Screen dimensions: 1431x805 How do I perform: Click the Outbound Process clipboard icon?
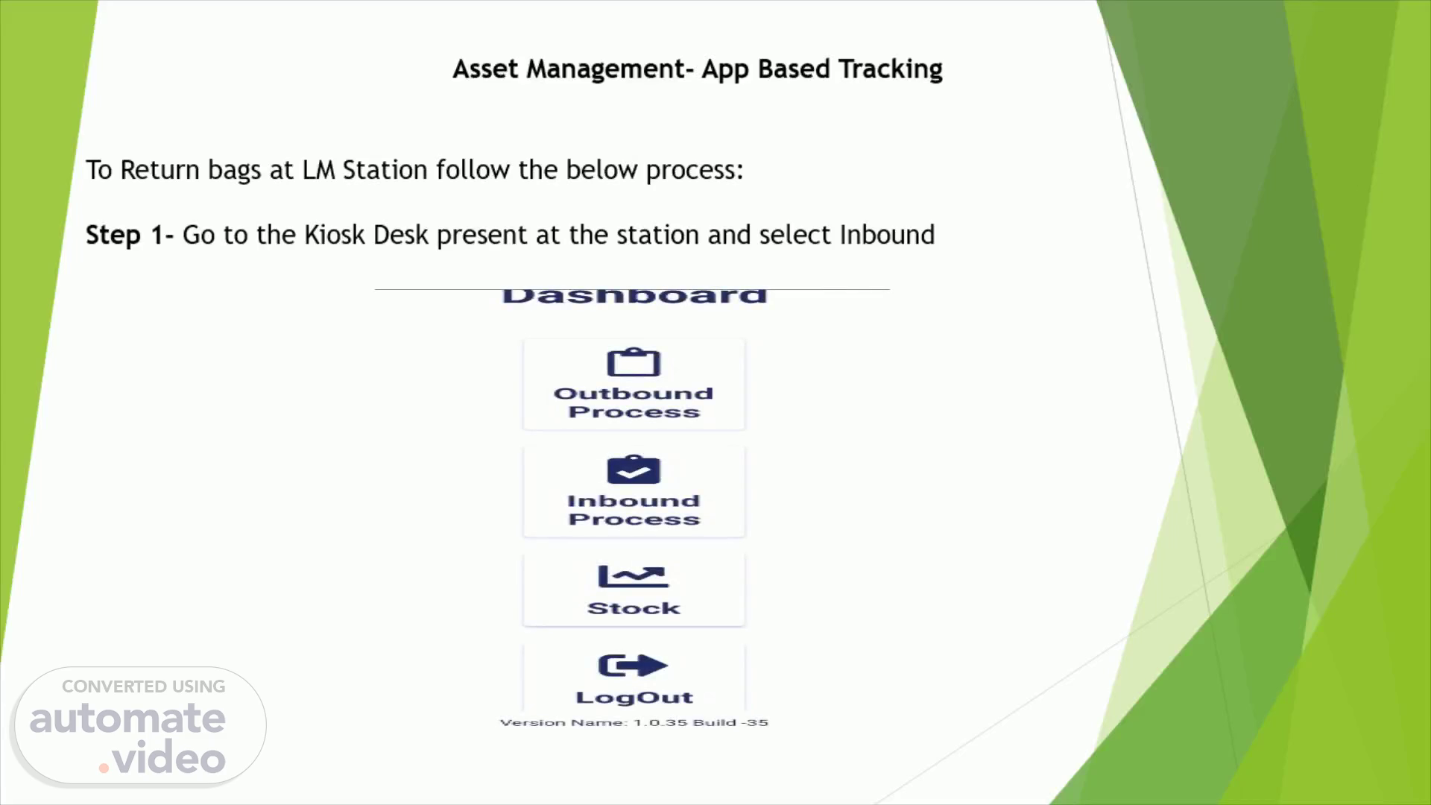[x=634, y=363]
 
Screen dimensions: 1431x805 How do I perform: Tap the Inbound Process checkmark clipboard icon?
[x=634, y=470]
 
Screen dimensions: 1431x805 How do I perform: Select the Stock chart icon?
[x=633, y=577]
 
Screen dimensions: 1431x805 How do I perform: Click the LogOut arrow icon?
[x=633, y=666]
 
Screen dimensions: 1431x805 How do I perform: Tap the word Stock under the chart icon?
[x=634, y=608]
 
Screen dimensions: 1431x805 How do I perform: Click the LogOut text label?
[x=634, y=698]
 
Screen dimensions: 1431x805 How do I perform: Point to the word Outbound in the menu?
[x=634, y=393]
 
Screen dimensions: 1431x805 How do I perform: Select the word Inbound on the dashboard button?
[x=634, y=501]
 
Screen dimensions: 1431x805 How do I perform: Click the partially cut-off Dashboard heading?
[x=634, y=296]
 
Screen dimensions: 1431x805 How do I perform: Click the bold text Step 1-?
[x=130, y=235]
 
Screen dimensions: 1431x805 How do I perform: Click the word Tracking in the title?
[x=891, y=69]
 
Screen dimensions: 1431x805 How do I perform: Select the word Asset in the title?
[x=486, y=69]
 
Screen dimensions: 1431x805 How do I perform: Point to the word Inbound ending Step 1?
[x=887, y=235]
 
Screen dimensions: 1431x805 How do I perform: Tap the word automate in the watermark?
[x=127, y=719]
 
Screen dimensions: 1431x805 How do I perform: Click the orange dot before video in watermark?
[x=104, y=768]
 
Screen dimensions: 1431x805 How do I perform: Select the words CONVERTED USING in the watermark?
[x=143, y=686]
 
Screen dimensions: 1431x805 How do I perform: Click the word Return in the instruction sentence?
[x=160, y=170]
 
